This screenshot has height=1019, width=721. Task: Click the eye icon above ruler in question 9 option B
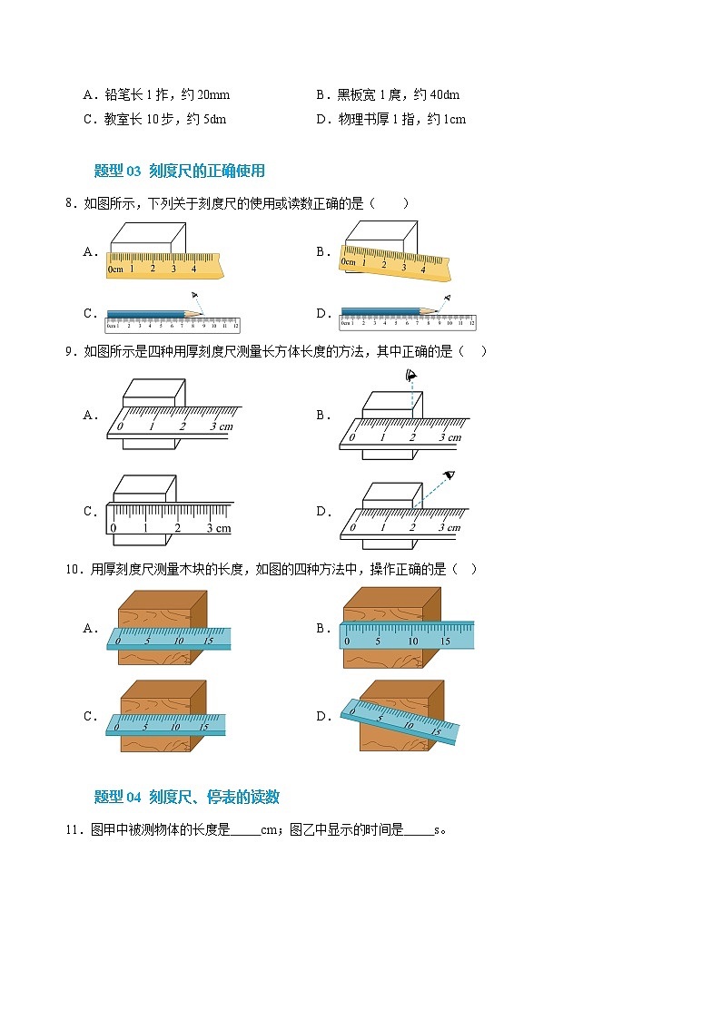(410, 375)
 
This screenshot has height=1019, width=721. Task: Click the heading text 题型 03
(117, 171)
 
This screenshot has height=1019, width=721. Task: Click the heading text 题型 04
(117, 797)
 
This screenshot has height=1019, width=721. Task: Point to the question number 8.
(70, 203)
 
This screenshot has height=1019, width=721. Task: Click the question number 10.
(73, 569)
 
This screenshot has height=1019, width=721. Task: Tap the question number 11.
(73, 830)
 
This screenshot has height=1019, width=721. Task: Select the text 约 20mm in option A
(205, 95)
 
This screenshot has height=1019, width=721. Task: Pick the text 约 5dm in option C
(207, 120)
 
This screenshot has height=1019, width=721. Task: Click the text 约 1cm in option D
(447, 120)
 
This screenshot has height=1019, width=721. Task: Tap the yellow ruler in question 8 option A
(164, 265)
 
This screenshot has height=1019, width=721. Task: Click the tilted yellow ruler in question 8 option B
(395, 262)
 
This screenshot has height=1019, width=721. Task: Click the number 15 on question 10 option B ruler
(445, 642)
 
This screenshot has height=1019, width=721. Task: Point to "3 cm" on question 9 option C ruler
(219, 528)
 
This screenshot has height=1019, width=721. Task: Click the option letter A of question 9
(91, 416)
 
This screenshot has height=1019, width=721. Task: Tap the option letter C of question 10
(91, 716)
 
